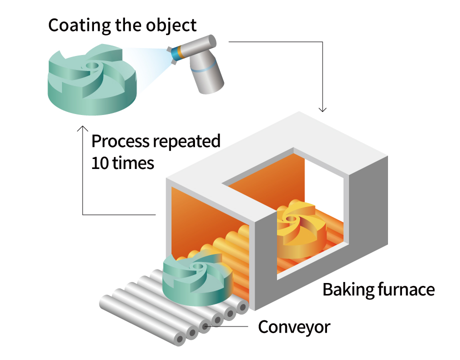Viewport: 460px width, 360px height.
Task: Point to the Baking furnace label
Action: click(378, 289)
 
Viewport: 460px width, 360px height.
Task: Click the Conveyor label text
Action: click(294, 327)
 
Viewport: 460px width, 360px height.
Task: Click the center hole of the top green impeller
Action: click(92, 65)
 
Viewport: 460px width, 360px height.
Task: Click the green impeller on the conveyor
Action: click(196, 280)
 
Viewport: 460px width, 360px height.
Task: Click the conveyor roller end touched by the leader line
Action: click(205, 326)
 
